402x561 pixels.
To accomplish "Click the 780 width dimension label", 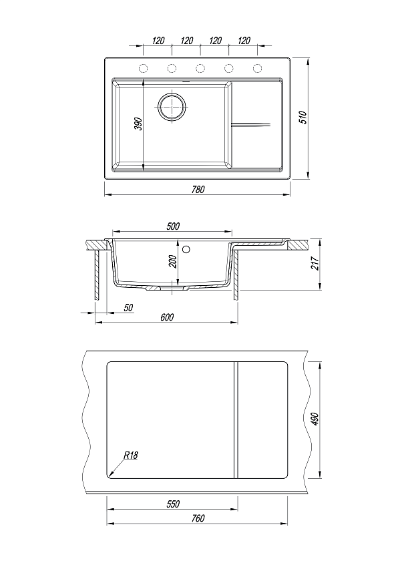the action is [x=198, y=189].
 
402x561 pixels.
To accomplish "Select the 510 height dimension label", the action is [x=303, y=118].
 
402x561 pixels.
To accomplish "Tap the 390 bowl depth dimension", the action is [x=139, y=124].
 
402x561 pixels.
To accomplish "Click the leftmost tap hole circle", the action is [x=143, y=68].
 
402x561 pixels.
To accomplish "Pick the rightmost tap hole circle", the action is [x=257, y=68].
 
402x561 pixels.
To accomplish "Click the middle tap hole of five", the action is [x=200, y=68].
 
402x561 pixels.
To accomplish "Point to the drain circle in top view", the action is [x=172, y=106].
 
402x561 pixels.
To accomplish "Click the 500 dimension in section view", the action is [x=173, y=226].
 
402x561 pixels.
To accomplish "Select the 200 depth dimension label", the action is [x=173, y=261].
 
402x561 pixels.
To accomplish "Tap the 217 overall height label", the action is [x=315, y=263].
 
